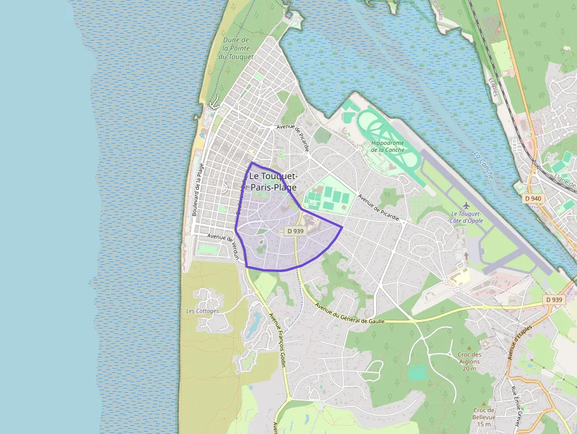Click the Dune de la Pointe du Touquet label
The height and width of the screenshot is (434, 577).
coord(236,48)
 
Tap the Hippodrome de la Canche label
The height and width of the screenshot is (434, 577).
coord(388,145)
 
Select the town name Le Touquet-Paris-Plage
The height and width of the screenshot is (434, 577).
coord(273,181)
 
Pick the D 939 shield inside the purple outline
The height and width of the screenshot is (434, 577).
coord(295,231)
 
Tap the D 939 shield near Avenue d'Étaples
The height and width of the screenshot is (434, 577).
coord(555,300)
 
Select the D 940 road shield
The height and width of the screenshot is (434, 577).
coord(533,198)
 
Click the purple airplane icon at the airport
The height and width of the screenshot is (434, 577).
coord(467,204)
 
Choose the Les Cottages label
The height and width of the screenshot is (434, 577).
coord(202,311)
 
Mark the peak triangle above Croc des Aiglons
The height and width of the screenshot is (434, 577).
coord(469,347)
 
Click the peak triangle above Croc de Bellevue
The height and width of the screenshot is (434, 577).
coord(484,403)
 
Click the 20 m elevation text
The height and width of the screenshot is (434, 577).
coord(469,369)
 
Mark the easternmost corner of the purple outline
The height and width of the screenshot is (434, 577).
coord(342,227)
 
